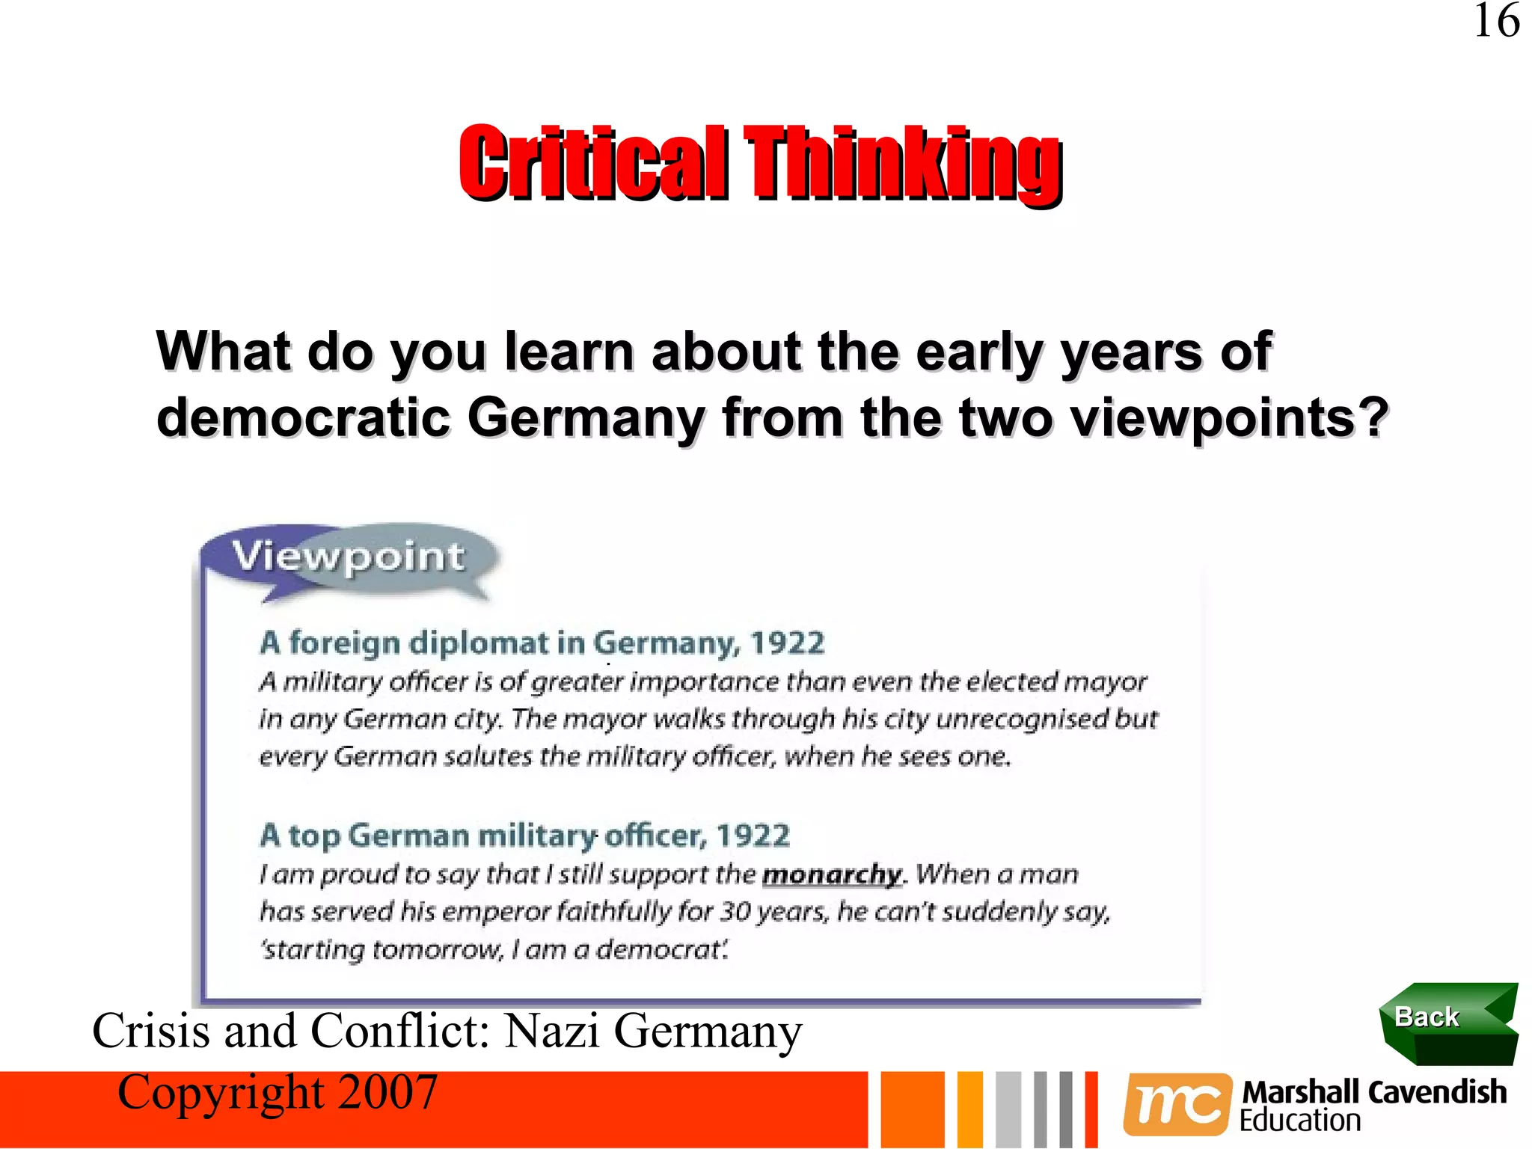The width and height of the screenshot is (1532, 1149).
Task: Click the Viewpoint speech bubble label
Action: click(x=348, y=557)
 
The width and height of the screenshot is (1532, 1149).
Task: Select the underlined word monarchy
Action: click(x=832, y=874)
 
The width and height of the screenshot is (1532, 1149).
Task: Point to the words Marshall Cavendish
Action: click(x=1373, y=1092)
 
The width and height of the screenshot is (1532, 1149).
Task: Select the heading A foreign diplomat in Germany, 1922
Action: click(x=542, y=643)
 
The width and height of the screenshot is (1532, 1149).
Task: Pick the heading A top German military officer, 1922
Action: click(x=524, y=836)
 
